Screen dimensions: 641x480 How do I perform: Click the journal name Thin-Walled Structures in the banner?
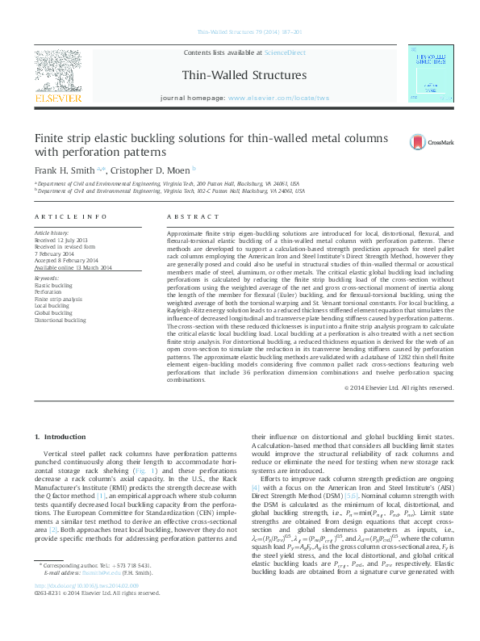240,73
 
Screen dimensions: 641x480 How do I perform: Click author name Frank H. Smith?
63,171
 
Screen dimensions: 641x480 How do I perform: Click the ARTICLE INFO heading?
71,217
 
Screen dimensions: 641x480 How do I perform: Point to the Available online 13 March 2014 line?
74,266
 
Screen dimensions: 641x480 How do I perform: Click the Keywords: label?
48,278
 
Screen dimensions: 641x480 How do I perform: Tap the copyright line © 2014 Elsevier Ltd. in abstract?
399,387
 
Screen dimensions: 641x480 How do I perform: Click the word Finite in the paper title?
50,138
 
